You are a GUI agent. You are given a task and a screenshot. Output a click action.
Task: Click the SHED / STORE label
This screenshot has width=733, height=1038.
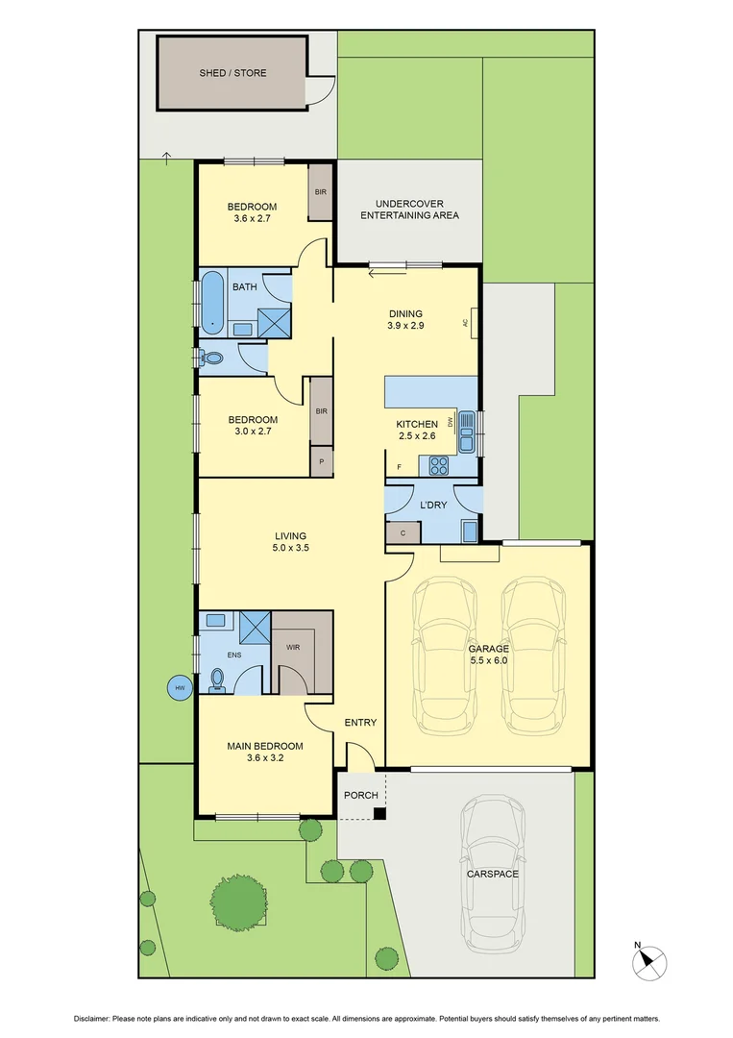pyautogui.click(x=232, y=73)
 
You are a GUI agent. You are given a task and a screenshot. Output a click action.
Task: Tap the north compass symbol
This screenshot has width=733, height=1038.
pyautogui.click(x=653, y=958)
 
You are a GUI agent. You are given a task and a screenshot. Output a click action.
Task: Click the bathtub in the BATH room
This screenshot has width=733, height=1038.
pyautogui.click(x=210, y=302)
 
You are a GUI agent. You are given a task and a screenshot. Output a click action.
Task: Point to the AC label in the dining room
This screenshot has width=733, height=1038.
pyautogui.click(x=465, y=323)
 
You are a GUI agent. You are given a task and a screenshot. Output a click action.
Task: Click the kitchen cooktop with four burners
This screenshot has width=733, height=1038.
pyautogui.click(x=438, y=466)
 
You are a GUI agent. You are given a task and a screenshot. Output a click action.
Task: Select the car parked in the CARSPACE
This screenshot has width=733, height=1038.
pyautogui.click(x=492, y=875)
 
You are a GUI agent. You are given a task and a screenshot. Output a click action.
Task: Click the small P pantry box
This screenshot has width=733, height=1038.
pyautogui.click(x=321, y=462)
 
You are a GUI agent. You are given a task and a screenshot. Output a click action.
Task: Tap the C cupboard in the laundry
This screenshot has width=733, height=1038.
pyautogui.click(x=403, y=533)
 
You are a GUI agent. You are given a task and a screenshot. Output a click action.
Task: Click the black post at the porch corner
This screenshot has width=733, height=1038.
pyautogui.click(x=379, y=814)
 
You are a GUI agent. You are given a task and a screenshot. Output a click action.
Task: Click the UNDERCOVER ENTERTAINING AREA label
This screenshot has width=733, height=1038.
pyautogui.click(x=409, y=210)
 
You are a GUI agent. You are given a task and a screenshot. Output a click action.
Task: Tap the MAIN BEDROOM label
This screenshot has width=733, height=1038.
pyautogui.click(x=265, y=746)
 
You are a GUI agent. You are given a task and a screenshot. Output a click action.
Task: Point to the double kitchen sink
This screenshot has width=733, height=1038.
pyautogui.click(x=467, y=431)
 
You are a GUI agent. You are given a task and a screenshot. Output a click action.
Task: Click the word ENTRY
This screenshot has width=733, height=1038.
pyautogui.click(x=360, y=723)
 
